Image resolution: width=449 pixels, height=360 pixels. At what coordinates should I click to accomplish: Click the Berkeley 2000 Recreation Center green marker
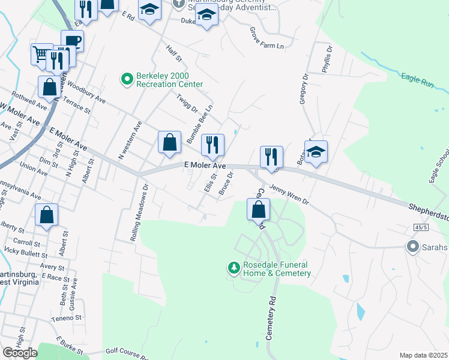127,79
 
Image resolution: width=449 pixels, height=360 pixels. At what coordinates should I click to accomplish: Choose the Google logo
20,352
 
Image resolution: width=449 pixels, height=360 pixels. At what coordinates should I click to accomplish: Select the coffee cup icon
72,40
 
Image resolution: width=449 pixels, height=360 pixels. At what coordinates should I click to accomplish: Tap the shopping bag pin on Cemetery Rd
258,209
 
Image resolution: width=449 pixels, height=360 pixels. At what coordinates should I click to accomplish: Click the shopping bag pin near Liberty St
47,215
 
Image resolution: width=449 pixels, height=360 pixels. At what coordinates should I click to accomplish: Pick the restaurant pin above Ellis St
212,145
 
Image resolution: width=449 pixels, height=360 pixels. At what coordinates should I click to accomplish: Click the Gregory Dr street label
303,89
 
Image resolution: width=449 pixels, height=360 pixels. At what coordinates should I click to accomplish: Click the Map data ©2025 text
423,355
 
